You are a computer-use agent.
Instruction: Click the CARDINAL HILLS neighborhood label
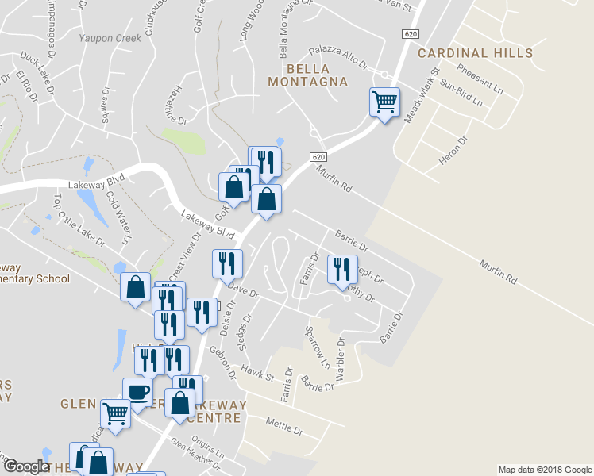475,53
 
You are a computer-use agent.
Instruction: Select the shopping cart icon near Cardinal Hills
384,102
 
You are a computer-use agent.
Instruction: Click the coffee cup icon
137,392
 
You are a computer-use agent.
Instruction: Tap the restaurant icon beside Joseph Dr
342,268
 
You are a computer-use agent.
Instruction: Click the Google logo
26,466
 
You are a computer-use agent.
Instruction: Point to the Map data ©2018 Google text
545,470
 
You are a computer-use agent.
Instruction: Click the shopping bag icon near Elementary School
136,286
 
